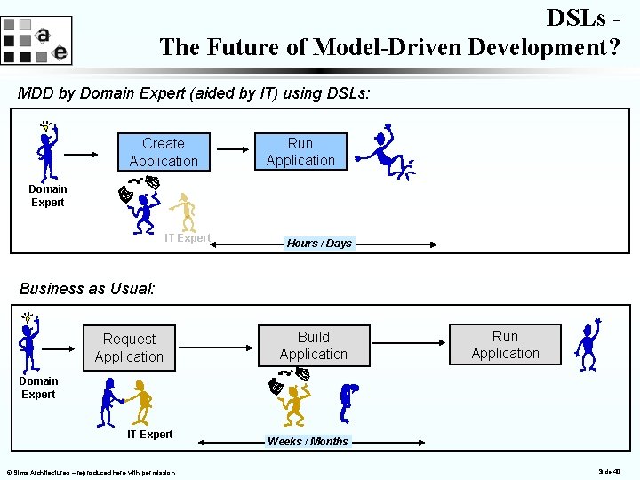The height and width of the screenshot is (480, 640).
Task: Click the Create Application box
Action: click(x=164, y=152)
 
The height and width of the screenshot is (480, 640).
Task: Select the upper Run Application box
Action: click(x=300, y=151)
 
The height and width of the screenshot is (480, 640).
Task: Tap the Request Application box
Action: click(x=129, y=348)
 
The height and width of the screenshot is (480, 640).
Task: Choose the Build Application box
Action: click(x=313, y=345)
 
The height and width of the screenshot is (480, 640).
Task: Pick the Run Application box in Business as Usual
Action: click(x=505, y=344)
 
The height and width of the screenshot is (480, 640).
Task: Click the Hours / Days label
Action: click(x=319, y=243)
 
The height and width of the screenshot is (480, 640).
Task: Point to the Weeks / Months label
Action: click(x=308, y=441)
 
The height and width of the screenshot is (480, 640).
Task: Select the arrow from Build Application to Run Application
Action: click(x=407, y=341)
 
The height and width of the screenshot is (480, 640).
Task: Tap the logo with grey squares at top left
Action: click(x=36, y=41)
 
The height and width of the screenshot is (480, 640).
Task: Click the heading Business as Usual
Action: click(x=87, y=288)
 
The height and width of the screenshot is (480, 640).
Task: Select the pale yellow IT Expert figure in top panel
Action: click(x=184, y=212)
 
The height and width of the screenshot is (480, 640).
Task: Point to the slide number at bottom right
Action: click(x=609, y=472)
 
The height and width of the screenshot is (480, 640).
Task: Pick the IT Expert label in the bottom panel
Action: click(x=149, y=435)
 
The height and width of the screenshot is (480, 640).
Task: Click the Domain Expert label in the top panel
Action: click(x=47, y=196)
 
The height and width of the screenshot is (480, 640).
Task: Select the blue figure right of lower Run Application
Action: click(x=588, y=345)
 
